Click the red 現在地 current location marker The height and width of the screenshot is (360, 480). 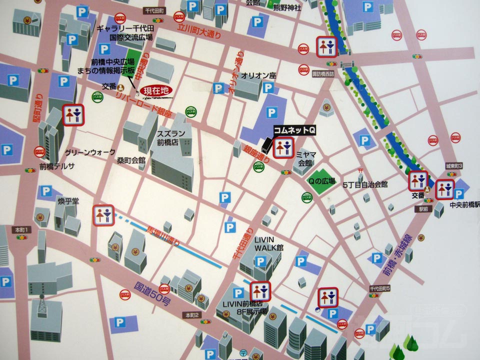click(156, 91)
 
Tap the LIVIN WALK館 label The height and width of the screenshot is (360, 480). click(268, 243)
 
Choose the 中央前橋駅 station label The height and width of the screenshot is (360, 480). click(464, 204)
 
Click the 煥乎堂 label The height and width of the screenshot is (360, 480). click(68, 201)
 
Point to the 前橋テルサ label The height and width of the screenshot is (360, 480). click(57, 167)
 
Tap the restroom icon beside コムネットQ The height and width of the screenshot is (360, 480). click(283, 147)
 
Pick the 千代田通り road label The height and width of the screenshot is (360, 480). click(242, 245)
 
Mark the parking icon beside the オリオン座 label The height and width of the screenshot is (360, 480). click(269, 88)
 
